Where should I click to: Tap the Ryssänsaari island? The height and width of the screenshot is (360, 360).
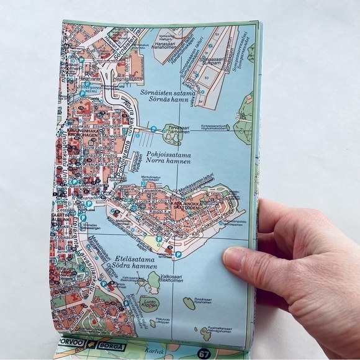pos(189,303)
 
